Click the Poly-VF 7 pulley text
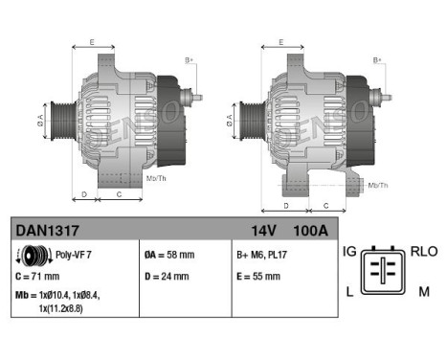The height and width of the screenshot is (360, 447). point(73,257)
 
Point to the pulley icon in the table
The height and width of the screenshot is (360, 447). point(35,257)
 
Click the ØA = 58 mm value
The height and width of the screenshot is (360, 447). point(168,257)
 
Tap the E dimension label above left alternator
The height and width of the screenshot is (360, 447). point(91,43)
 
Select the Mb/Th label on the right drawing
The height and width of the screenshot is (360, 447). point(378,184)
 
